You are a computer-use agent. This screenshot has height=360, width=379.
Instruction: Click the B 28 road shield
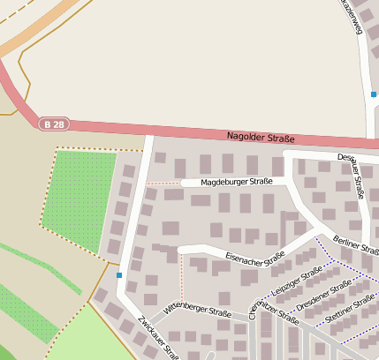click(52, 124)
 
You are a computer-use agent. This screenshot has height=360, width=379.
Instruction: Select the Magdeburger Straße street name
click(236, 182)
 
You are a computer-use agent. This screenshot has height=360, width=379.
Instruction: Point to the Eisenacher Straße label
click(254, 257)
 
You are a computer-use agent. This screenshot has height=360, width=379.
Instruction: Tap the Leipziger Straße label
click(297, 283)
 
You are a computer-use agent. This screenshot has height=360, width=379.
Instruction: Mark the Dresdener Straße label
click(324, 295)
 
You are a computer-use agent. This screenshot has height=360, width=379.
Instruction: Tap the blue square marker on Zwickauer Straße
click(119, 275)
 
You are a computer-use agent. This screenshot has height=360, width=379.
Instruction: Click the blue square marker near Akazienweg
click(374, 94)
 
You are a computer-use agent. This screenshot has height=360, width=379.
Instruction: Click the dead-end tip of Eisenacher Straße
click(181, 250)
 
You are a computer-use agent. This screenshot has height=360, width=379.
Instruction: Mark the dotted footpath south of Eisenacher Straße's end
click(183, 278)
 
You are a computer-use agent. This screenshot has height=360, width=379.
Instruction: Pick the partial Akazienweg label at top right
click(352, 17)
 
